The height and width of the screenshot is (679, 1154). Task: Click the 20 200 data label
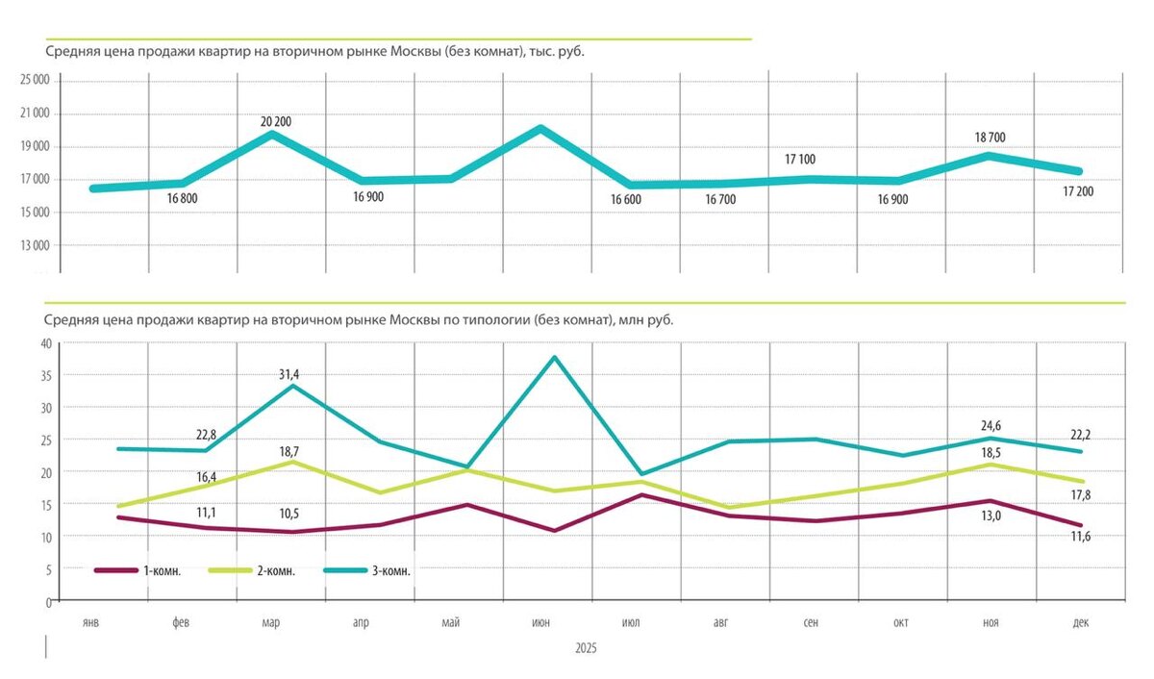tap(276, 122)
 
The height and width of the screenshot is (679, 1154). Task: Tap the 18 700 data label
tap(990, 138)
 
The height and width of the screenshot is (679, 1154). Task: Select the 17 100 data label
tap(800, 159)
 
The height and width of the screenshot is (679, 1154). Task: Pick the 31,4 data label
tap(274, 374)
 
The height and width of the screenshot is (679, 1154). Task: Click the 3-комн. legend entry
tap(391, 570)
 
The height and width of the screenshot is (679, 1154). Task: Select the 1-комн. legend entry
tap(163, 570)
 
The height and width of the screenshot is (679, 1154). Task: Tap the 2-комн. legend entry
tap(276, 570)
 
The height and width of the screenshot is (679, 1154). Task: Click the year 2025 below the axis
tap(585, 649)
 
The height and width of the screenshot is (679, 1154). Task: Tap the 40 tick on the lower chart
tap(43, 343)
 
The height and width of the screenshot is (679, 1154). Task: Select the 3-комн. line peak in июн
tap(554, 358)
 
